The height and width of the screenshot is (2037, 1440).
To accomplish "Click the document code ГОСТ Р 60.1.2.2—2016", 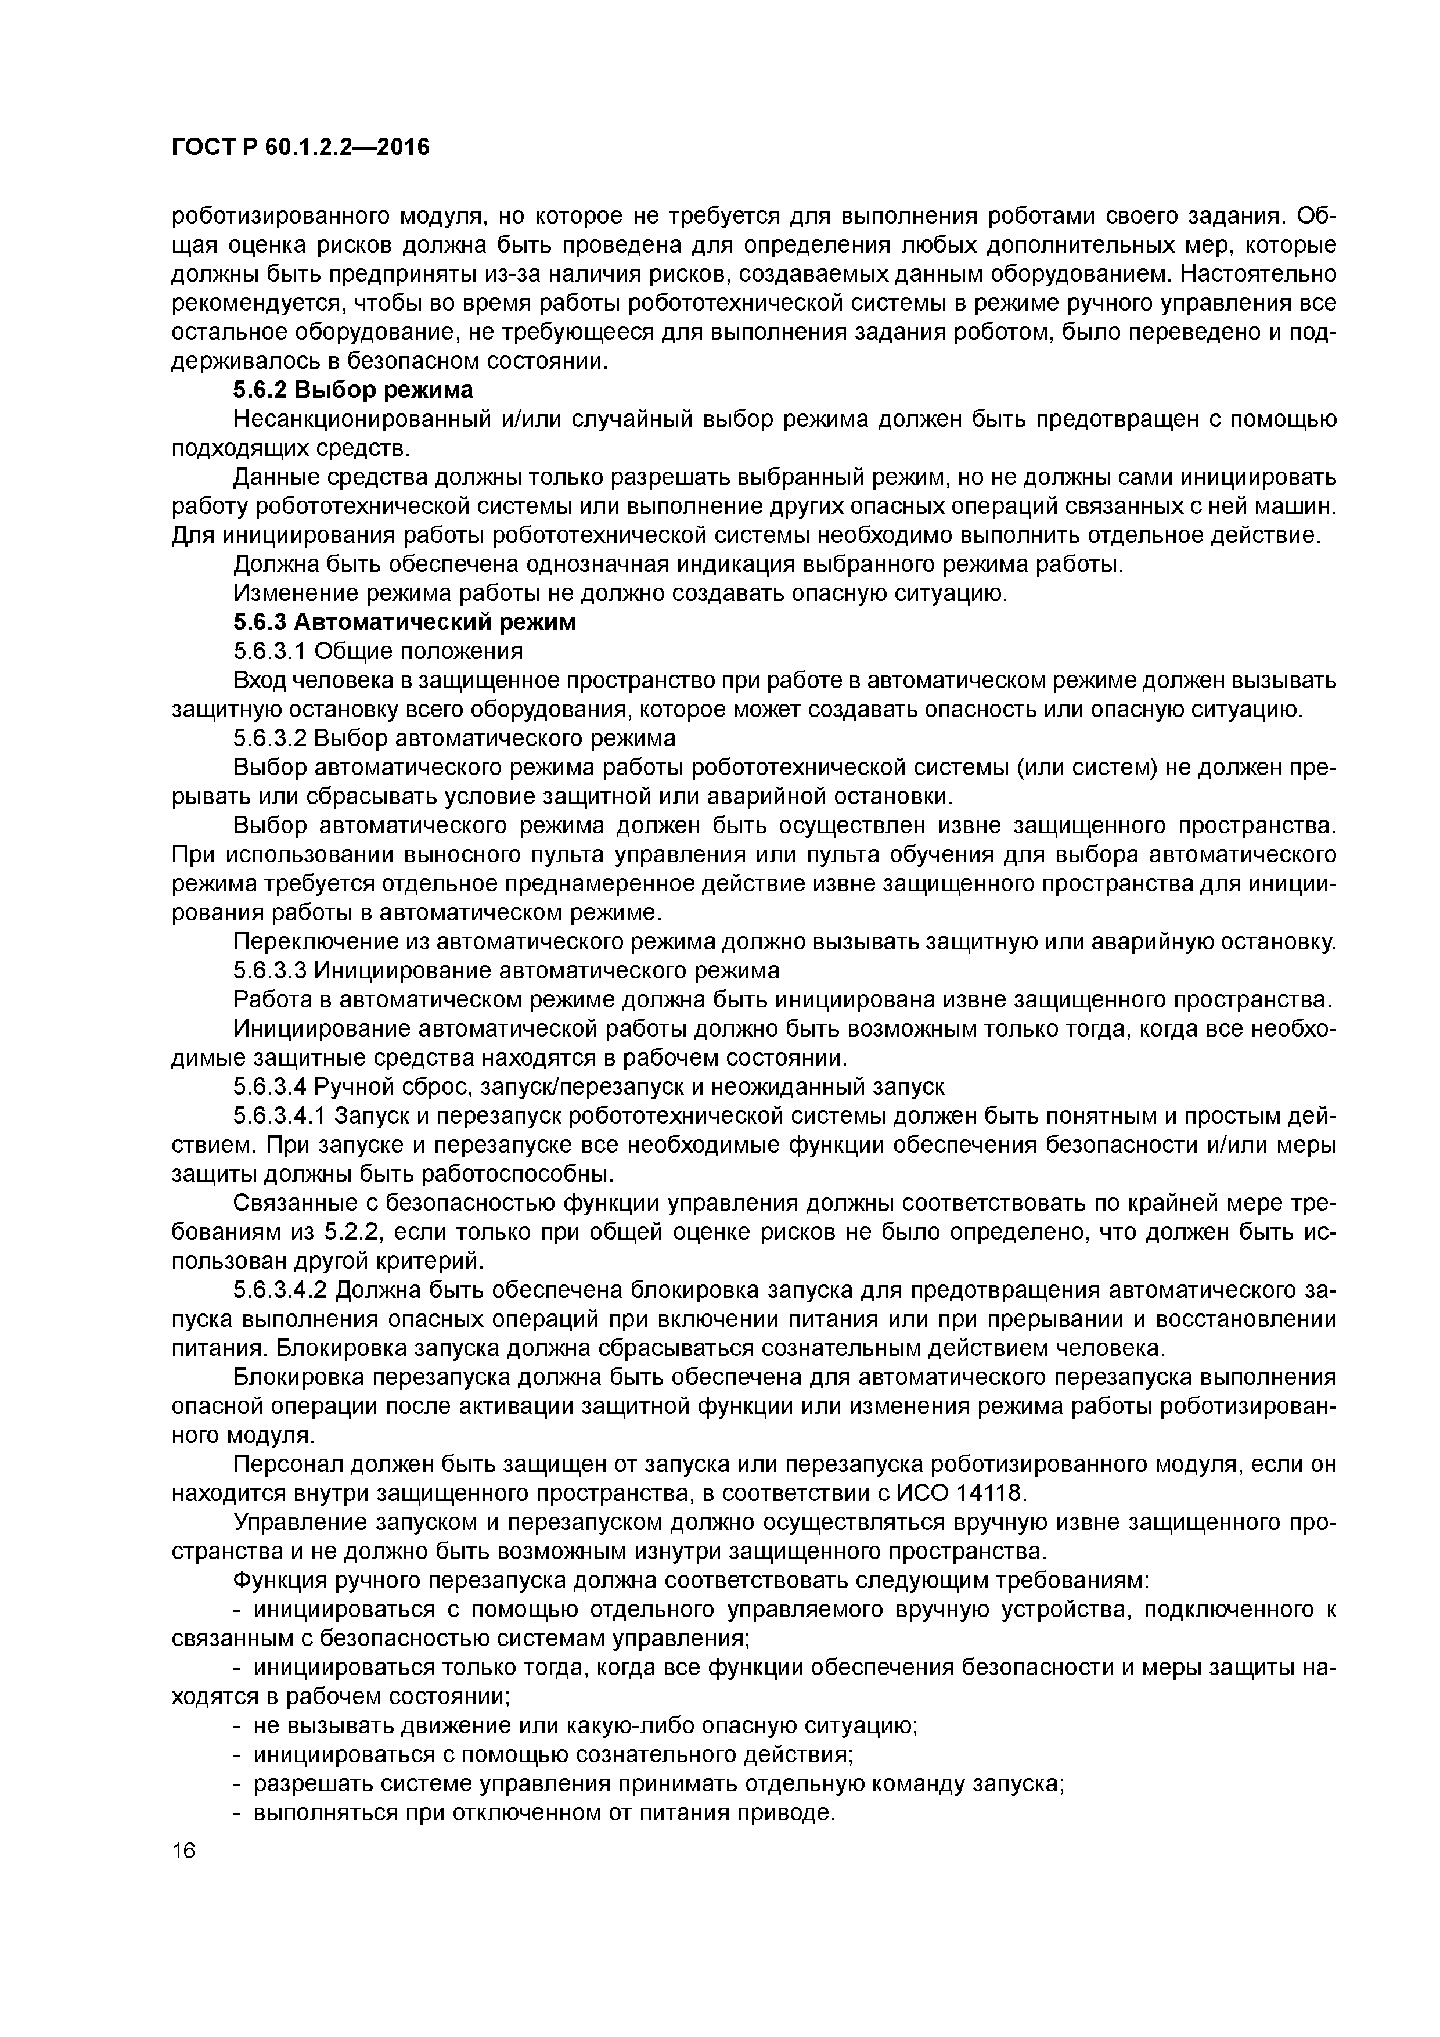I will pos(300,146).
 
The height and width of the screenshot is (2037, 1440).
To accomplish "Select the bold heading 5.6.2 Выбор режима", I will pos(353,390).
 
